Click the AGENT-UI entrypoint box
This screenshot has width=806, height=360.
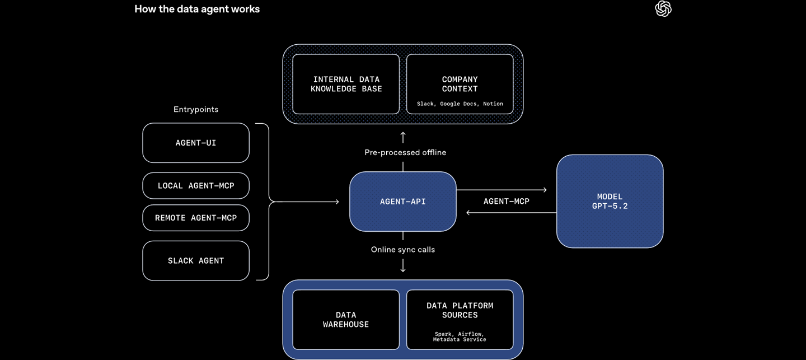pos(196,143)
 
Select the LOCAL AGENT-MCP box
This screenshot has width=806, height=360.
pos(196,186)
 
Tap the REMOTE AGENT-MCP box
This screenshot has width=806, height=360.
pos(196,218)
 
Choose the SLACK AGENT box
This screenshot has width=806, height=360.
pos(196,261)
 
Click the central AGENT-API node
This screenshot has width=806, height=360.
pos(403,202)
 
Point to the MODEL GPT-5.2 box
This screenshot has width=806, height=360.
pos(610,202)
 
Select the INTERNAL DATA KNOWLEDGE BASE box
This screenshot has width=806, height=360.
pos(346,84)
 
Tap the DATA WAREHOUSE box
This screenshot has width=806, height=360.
pos(346,320)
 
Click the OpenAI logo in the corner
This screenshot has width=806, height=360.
pos(663,9)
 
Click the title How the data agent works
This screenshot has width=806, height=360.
pos(197,9)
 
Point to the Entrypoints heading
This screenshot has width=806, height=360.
pos(196,110)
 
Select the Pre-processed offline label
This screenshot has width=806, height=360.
pos(405,152)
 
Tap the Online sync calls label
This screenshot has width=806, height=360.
pos(403,250)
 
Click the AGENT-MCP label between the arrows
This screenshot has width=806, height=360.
pos(507,202)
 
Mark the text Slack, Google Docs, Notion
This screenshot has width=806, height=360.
pos(460,104)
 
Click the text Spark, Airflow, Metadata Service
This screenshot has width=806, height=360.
pos(460,336)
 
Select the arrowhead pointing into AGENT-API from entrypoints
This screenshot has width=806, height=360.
pos(337,202)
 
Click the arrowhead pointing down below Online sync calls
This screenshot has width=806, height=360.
pos(403,270)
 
